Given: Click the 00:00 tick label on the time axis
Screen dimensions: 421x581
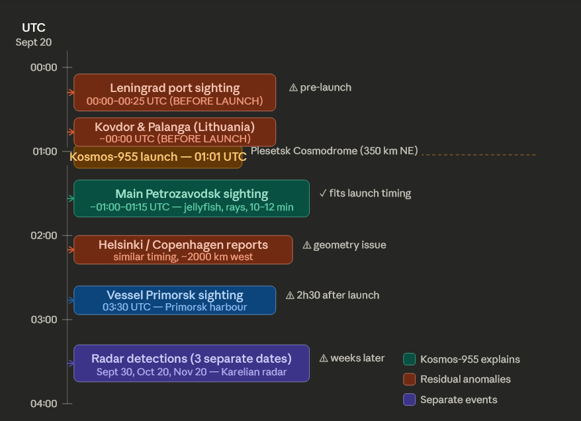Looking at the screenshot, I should [x=44, y=67].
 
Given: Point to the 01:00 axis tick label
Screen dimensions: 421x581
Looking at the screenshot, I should [x=44, y=152].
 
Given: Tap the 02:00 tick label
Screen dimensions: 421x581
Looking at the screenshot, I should [x=44, y=236].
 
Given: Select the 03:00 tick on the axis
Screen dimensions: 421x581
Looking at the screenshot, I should [x=44, y=320].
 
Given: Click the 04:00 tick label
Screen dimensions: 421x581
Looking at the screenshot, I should [x=44, y=404].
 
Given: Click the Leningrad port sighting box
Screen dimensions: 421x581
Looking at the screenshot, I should [x=175, y=93].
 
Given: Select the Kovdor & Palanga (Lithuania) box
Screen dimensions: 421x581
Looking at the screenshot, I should [x=175, y=132].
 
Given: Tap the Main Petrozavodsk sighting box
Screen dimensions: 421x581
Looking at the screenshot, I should [x=191, y=199].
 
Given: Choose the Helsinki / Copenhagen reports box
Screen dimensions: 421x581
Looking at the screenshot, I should [x=183, y=250].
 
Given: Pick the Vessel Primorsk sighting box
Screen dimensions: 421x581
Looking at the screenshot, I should [x=175, y=300].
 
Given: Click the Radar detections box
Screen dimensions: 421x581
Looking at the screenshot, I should [x=191, y=363].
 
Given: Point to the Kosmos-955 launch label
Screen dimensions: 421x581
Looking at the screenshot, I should [x=157, y=158].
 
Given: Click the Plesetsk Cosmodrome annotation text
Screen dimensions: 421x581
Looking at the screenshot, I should [x=334, y=151].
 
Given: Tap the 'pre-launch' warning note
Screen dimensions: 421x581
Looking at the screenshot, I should [x=320, y=87].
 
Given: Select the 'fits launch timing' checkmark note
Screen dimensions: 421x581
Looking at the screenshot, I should [x=365, y=193].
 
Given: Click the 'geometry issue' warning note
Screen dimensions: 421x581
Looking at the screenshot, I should [x=344, y=245].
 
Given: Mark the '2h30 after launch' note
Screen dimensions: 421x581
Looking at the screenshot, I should [x=332, y=295].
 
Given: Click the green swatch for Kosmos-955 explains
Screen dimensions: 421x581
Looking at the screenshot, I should [x=410, y=359].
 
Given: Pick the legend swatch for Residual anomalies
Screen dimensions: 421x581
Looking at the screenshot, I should [x=410, y=379].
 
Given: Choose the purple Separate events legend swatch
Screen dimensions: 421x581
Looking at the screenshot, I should [x=410, y=400].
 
